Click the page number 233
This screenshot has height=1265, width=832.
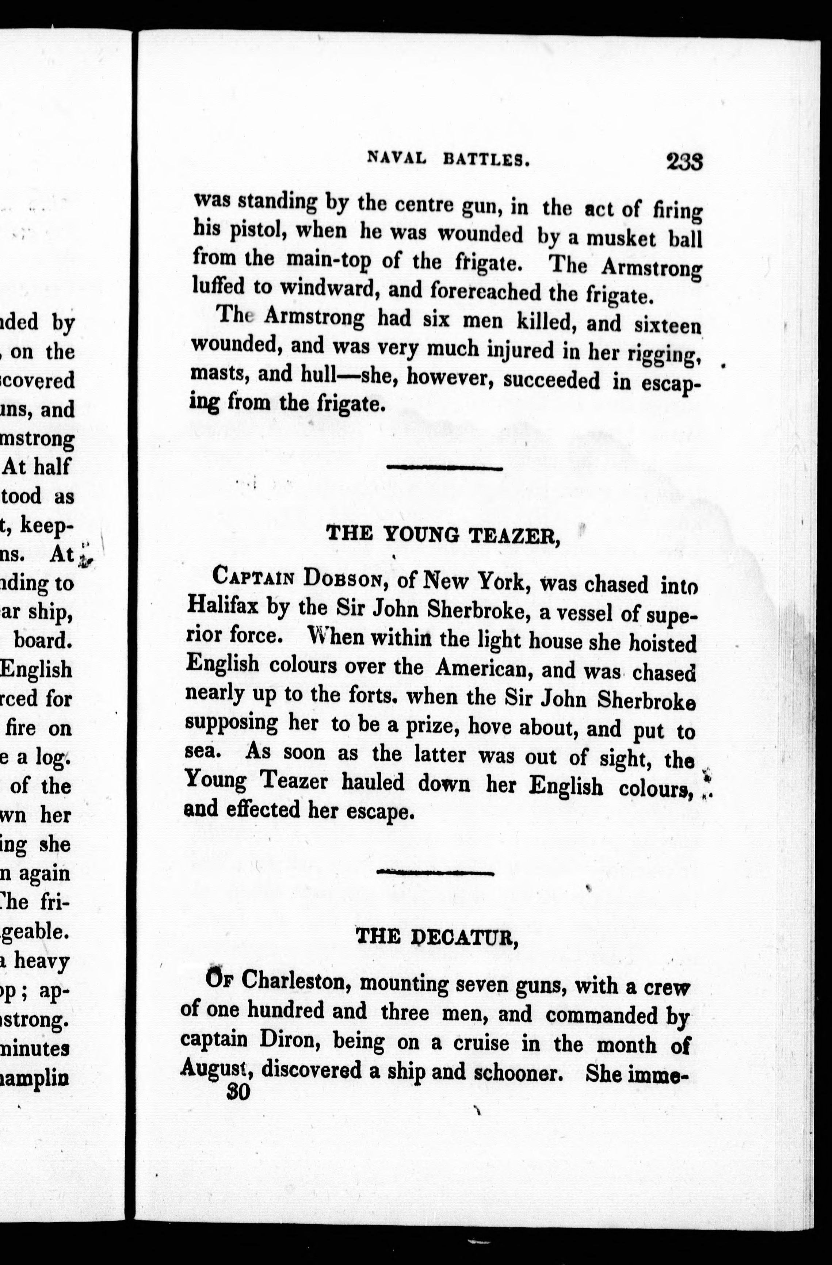685,161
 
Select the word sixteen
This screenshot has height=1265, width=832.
668,325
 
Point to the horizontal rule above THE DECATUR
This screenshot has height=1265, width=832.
435,872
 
